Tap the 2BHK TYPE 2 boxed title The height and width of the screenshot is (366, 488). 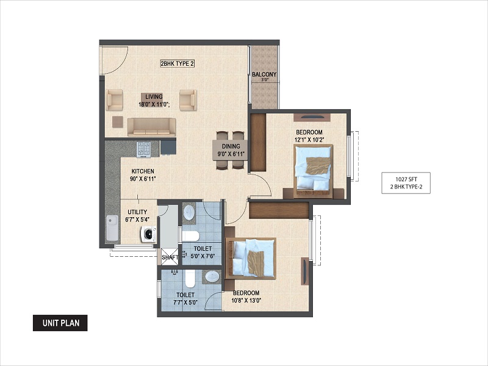coord(178,64)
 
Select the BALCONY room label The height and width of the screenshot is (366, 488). coord(264,74)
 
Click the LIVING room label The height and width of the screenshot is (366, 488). coord(154,97)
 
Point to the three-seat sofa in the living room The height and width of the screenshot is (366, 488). coord(151,127)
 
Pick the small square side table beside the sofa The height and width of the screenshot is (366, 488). coord(118,121)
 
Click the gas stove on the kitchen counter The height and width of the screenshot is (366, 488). coord(143,149)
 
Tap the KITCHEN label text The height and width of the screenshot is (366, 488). coord(143,171)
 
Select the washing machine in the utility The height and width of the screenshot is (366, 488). coord(149,234)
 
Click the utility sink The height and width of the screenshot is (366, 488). coord(112,228)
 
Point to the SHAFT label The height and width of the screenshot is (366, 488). coord(170,257)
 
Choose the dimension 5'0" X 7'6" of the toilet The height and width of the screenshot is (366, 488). coord(203,256)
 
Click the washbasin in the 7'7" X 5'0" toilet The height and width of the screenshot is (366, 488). coord(212,277)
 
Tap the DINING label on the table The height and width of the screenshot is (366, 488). coord(231,146)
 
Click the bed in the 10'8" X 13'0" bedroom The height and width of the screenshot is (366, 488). coord(251,258)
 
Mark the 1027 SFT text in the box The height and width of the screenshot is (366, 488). coord(406,179)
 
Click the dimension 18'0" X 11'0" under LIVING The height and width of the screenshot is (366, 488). coord(154,104)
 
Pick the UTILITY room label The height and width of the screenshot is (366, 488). coord(138,212)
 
